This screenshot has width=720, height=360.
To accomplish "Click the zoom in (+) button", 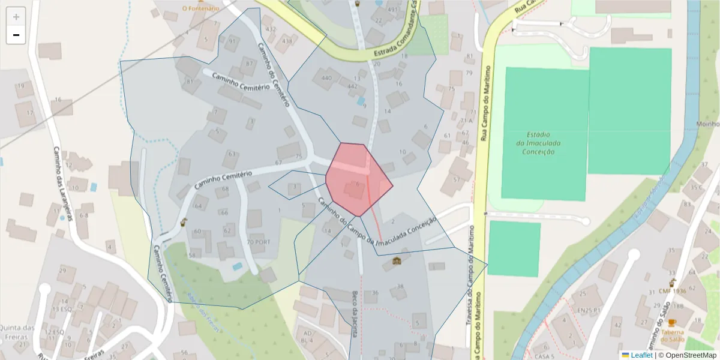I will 16,17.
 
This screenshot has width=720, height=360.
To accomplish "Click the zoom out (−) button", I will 16,35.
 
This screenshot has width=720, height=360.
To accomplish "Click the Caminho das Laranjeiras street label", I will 62,183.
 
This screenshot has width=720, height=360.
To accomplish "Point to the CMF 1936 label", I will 672,291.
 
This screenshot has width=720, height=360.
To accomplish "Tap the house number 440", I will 326,78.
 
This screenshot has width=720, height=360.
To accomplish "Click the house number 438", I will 287,41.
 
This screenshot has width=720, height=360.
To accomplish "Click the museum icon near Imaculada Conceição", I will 397,261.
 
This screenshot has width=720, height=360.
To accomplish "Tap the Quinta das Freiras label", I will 17,332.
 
